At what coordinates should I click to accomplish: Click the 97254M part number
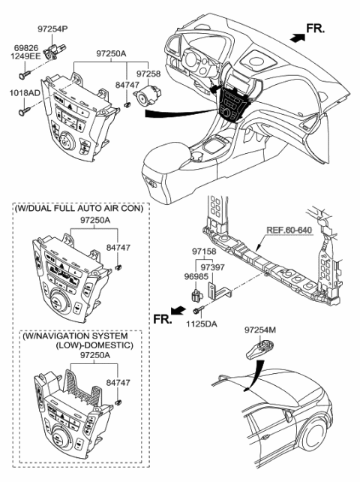point(260,329)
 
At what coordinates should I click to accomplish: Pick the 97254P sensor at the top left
point(52,52)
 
